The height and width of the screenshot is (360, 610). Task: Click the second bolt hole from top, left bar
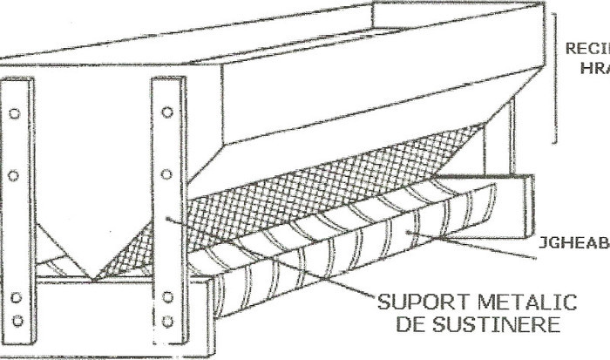[x=15, y=175]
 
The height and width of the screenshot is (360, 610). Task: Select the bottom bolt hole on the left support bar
[x=15, y=320]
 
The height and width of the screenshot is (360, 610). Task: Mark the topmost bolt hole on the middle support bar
[x=167, y=112]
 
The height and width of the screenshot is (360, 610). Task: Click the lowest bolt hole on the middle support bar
[x=167, y=321]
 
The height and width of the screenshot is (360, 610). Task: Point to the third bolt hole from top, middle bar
[x=167, y=298]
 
